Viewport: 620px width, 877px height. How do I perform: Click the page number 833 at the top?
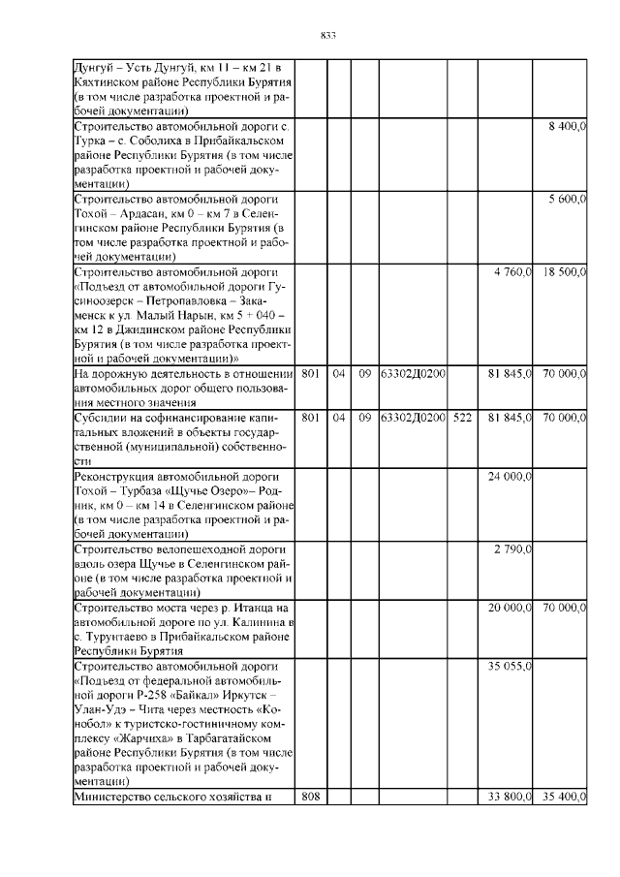[x=327, y=36]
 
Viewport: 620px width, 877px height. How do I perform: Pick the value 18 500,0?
[x=565, y=271]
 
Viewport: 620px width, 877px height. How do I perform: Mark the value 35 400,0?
[x=565, y=797]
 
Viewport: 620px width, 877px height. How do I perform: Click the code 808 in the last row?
[x=310, y=797]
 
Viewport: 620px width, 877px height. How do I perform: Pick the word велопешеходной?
[x=200, y=549]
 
